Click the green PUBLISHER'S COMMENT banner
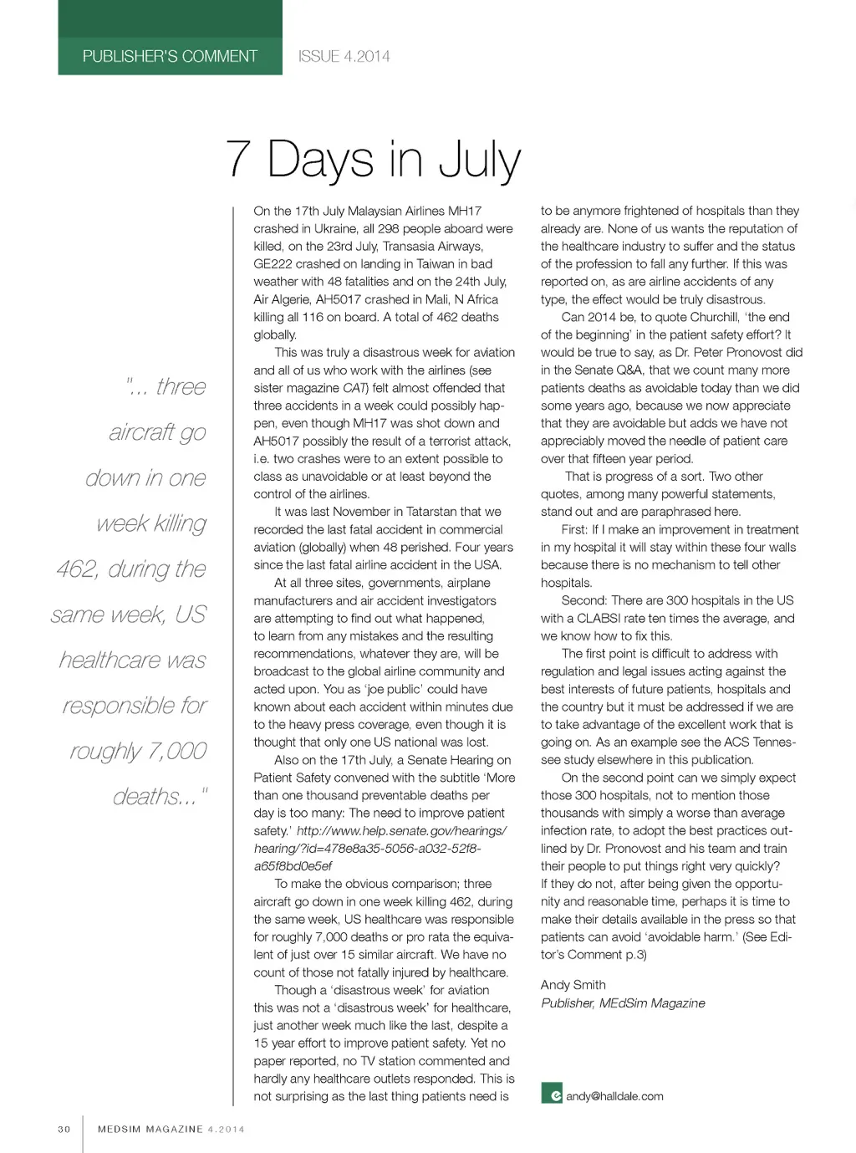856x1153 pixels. pos(170,56)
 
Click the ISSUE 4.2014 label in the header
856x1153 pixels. pos(344,56)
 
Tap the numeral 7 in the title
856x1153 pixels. pos(238,158)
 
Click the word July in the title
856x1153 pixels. pos(480,161)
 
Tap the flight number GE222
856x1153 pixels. pos(274,263)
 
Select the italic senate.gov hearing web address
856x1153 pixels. pos(380,848)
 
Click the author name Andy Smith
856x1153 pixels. pos(573,985)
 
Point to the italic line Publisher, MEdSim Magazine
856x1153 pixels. pos(623,1003)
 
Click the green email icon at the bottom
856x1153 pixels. pos(551,1093)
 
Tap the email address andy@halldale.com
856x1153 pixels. pos(614,1096)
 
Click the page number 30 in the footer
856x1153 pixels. pos(64,1129)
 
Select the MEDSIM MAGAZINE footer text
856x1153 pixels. pos(150,1129)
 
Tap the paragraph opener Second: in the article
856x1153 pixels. pos(583,600)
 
